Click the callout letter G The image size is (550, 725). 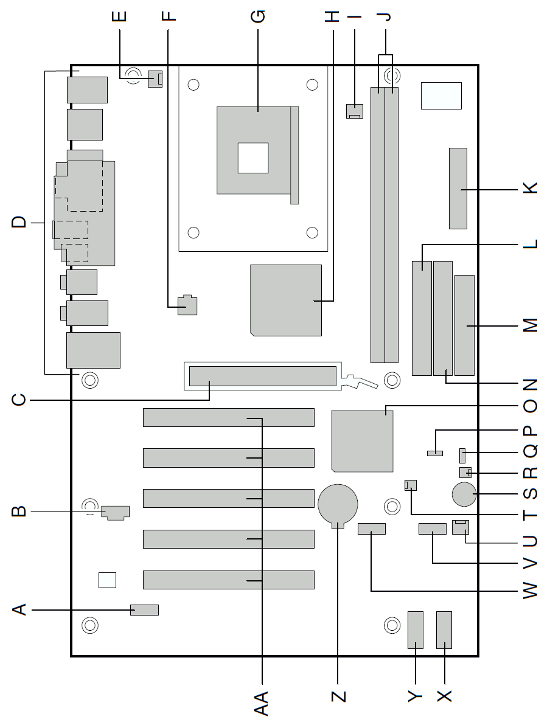pyautogui.click(x=257, y=16)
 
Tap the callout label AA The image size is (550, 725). pyautogui.click(x=262, y=703)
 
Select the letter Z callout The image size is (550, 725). pyautogui.click(x=339, y=696)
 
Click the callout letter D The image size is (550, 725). pyautogui.click(x=19, y=222)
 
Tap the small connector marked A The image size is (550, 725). pyautogui.click(x=144, y=610)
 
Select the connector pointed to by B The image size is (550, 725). pyautogui.click(x=116, y=512)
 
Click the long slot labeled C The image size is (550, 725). pyautogui.click(x=263, y=376)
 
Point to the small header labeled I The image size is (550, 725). pyautogui.click(x=355, y=111)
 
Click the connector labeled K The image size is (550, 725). pyautogui.click(x=458, y=189)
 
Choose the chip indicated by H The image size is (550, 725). pyautogui.click(x=286, y=300)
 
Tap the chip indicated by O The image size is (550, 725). pyautogui.click(x=362, y=441)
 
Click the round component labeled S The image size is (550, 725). pyautogui.click(x=464, y=494)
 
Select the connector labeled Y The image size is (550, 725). pyautogui.click(x=416, y=630)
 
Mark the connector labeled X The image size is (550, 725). pyautogui.click(x=444, y=630)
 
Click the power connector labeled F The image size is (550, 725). pyautogui.click(x=187, y=305)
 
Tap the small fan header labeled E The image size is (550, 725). pyautogui.click(x=155, y=79)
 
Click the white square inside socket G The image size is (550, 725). pyautogui.click(x=253, y=158)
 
